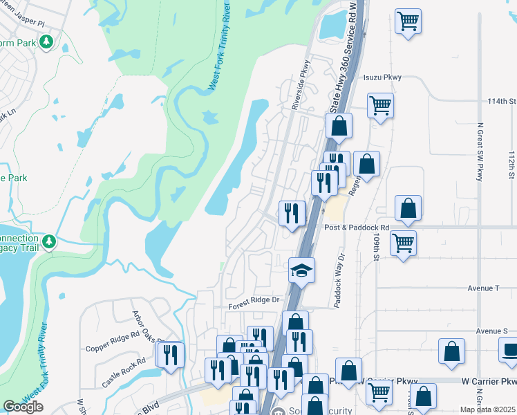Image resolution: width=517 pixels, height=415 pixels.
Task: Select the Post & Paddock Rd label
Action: point(357,227)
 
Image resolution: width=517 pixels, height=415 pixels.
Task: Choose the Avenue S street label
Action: point(491,331)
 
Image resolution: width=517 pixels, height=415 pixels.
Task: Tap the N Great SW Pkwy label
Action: point(479,152)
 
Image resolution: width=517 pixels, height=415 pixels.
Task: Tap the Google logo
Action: point(23,407)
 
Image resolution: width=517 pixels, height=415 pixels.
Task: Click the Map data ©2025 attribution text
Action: point(487,409)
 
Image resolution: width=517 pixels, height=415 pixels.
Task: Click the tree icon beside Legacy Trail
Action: point(49,241)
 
